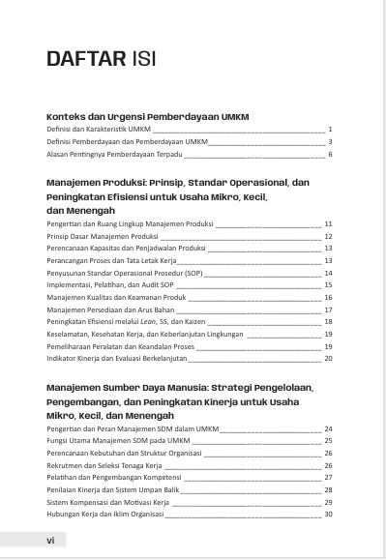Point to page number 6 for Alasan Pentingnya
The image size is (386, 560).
point(330,154)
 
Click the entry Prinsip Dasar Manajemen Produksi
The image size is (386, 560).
point(102,235)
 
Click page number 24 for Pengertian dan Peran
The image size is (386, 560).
point(328,427)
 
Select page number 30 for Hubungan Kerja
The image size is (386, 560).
point(328,514)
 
